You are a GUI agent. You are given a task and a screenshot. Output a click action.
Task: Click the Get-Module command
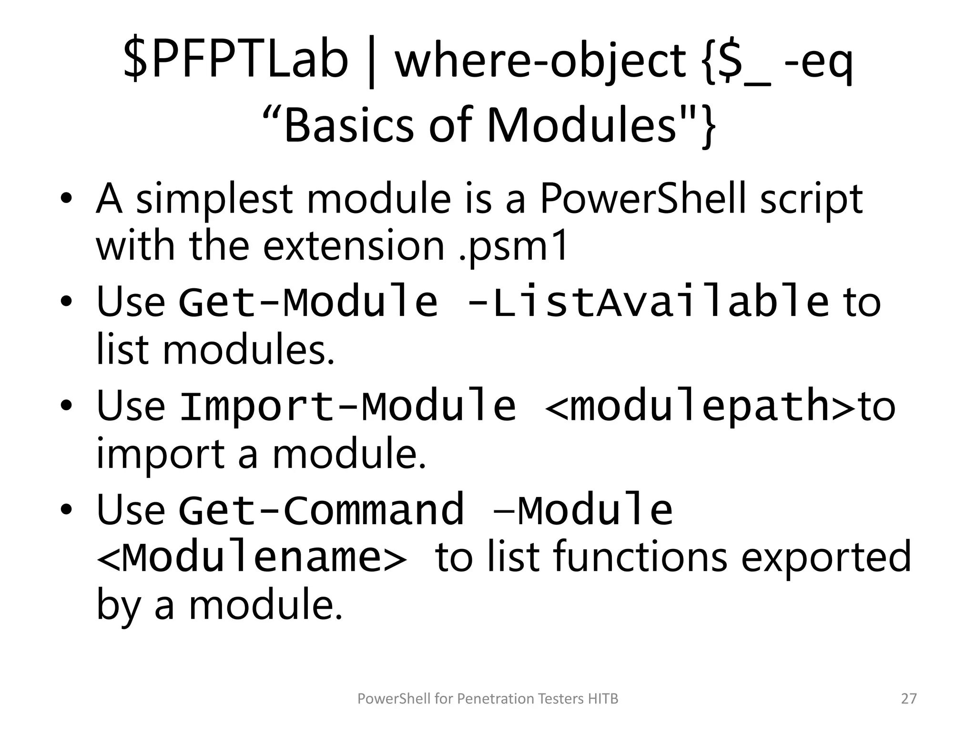click(308, 301)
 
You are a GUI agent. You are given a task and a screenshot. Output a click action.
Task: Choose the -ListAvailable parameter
click(648, 301)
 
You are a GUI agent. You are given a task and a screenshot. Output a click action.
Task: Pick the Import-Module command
click(347, 406)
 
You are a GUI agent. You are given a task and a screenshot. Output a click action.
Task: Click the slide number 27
click(909, 699)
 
